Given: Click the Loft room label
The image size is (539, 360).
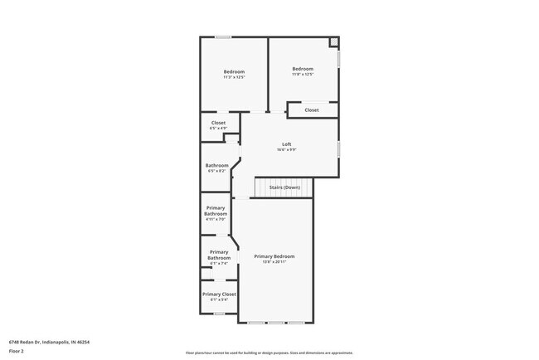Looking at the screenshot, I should pos(287,144).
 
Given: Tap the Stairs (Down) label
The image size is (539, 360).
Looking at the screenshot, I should pos(284,187).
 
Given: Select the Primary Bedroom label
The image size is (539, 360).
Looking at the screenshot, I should pos(274,256).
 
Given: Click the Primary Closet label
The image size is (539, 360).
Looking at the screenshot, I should pos(219,294).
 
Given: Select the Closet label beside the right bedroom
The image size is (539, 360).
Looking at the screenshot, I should pos(312,109).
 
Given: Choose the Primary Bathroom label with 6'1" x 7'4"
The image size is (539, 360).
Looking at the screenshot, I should pos(219,255).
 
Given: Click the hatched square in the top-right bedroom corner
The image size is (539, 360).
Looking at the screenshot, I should pos(333,42).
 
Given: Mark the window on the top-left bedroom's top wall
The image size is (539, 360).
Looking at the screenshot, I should pos(223,36).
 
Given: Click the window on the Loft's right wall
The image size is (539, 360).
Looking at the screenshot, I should pos(339,148).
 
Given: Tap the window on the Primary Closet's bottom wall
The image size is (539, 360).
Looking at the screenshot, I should pos(219,314).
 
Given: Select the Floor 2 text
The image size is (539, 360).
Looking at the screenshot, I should pos(17,351).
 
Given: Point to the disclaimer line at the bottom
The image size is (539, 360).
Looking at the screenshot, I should pos(269,352).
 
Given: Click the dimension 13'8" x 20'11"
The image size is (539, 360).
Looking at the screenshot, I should pos(274,261).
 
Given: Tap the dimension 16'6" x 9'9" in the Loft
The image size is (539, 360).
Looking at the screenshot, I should pos(287,149).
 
